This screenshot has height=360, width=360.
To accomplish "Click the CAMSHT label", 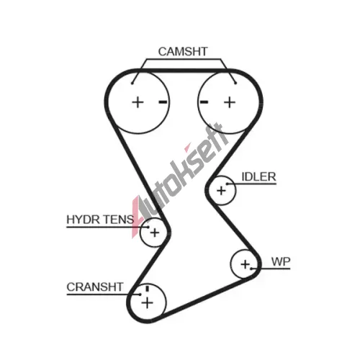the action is click(183, 52).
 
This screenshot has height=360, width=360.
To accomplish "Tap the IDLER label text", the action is click(258, 177).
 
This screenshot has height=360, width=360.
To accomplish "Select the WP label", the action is click(281, 261).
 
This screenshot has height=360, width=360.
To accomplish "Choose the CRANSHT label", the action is click(95, 287).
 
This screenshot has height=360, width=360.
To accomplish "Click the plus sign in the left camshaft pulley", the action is click(138, 102).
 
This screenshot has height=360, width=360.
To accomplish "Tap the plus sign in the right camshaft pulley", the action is click(230, 102).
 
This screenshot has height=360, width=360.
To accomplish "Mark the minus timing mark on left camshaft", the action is click(163, 102).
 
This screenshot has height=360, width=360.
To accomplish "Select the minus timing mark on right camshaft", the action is click(204, 102).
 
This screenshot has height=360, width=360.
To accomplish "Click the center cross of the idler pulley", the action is click(221, 191).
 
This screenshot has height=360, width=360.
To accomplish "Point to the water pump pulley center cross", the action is click(245, 264).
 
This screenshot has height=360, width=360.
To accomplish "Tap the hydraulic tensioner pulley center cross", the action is click(155, 233).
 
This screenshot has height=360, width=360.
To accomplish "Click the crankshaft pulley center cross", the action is click(147, 302).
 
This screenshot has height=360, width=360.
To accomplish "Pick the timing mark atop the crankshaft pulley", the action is click(148, 289).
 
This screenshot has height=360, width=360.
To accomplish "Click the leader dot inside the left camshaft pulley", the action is click(132, 84).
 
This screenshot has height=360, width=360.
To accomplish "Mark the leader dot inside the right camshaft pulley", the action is click(235, 84).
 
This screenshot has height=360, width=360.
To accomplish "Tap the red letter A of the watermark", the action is click(137, 216).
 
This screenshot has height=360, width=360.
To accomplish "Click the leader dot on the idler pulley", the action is click(227, 184).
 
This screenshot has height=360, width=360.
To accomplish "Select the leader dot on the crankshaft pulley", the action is click(140, 294).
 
